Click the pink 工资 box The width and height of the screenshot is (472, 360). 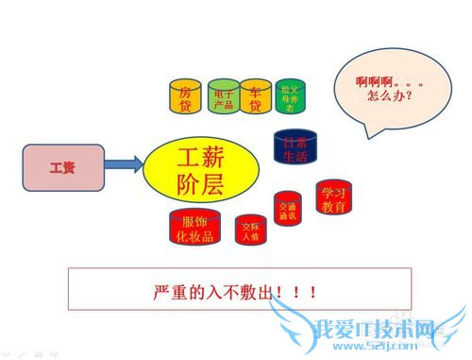tap(61, 167)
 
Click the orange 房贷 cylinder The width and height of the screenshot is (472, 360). tap(186, 97)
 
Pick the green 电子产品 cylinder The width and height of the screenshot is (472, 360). tap(224, 97)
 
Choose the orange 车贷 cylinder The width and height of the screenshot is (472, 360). tap(256, 97)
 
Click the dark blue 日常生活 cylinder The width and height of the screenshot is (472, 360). tap(295, 149)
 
